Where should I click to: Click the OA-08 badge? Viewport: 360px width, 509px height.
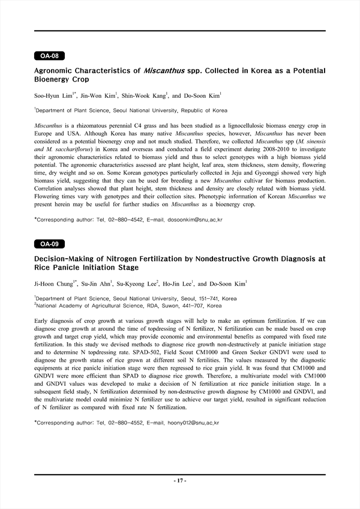tap(49, 56)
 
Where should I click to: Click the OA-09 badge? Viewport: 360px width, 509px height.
tap(49, 244)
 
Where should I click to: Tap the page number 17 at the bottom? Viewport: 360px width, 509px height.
tap(180, 481)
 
